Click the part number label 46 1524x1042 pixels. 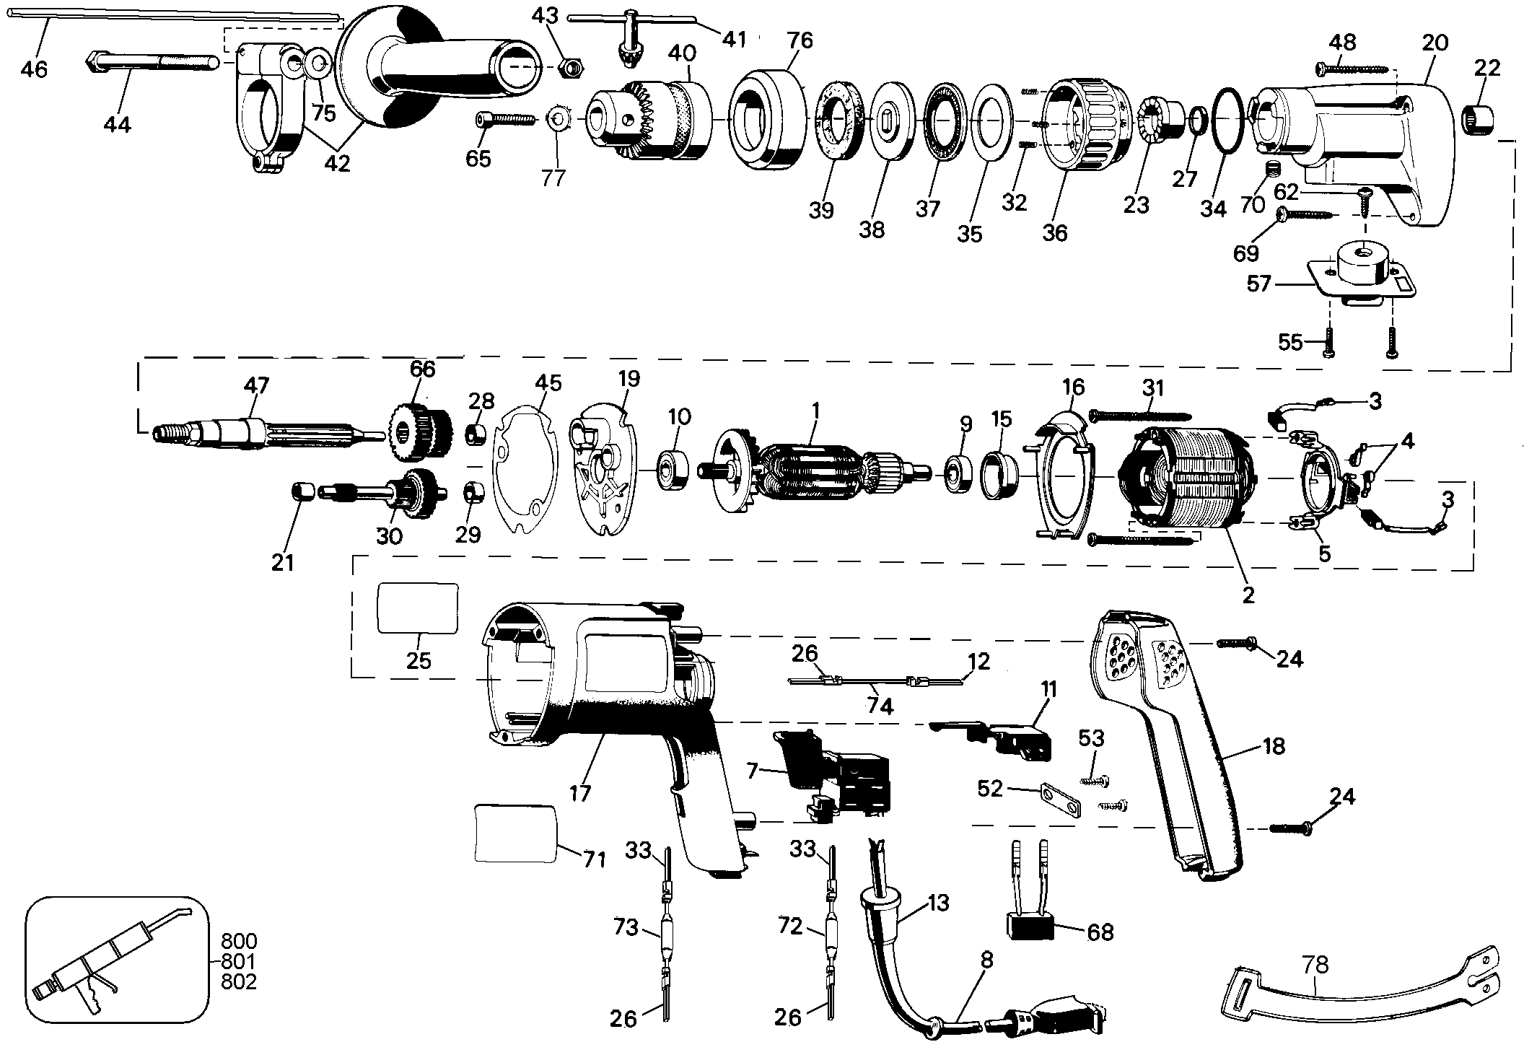pyautogui.click(x=33, y=69)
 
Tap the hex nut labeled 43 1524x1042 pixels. pyautogui.click(x=572, y=69)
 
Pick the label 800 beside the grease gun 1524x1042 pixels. pyautogui.click(x=238, y=942)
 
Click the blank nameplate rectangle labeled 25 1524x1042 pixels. pyautogui.click(x=419, y=608)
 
